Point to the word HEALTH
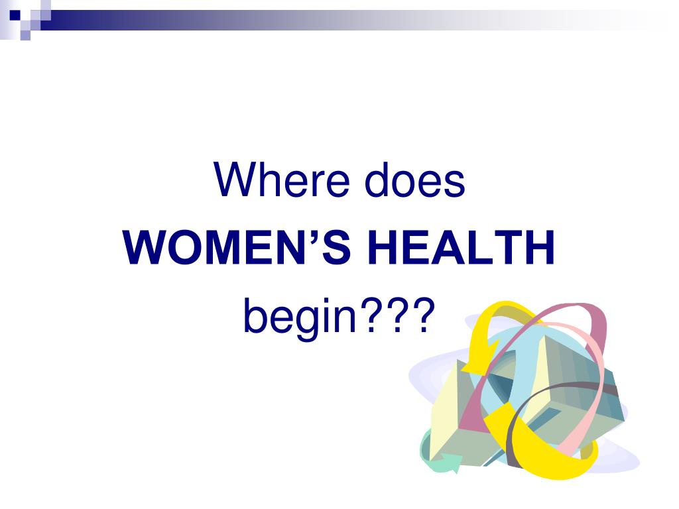coord(460,249)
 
